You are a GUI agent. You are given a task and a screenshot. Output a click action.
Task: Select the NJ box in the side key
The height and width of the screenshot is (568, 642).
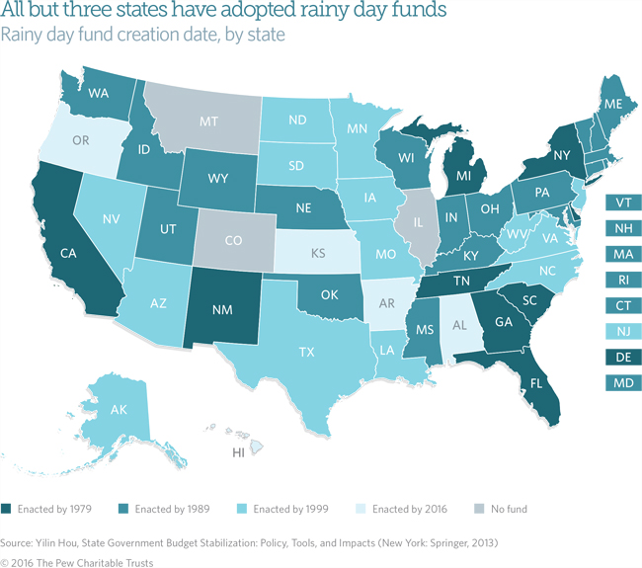click(x=624, y=330)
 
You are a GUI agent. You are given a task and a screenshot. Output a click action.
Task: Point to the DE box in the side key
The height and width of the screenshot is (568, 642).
click(x=624, y=356)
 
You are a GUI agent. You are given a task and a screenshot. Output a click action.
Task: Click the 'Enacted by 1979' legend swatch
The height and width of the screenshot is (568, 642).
click(x=8, y=509)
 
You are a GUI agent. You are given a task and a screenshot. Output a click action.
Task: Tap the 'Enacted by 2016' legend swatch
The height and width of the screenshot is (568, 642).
click(x=355, y=509)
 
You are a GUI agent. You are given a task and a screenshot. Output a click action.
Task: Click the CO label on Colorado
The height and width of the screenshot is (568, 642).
click(x=233, y=238)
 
